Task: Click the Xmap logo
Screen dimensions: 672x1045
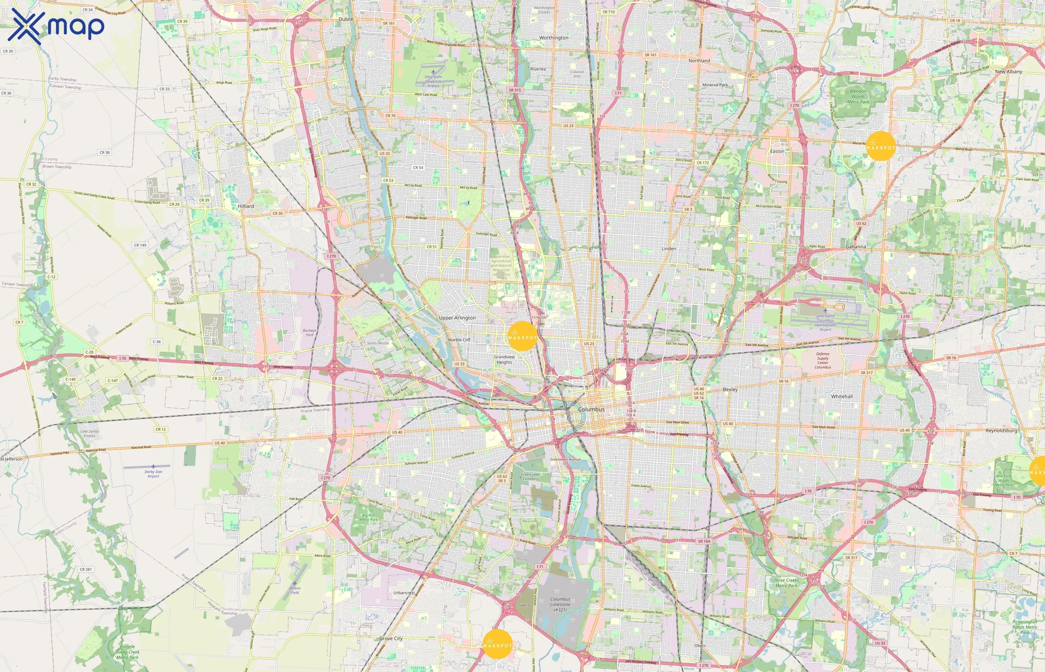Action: (x=56, y=26)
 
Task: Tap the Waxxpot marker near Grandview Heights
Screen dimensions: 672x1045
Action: (x=522, y=336)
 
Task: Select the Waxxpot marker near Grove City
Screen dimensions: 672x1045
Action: (x=497, y=644)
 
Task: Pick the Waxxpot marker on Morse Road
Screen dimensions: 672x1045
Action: (x=880, y=146)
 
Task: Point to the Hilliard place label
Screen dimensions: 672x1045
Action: (x=246, y=206)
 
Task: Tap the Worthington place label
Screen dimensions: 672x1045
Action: (x=553, y=38)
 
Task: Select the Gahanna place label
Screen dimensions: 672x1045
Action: (x=855, y=246)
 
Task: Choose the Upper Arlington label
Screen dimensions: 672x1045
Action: (x=457, y=318)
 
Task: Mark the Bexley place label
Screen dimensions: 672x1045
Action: (x=730, y=389)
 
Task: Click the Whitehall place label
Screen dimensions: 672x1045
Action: (x=842, y=396)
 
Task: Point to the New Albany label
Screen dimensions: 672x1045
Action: (x=1008, y=72)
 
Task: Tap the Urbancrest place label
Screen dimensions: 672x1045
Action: (x=404, y=592)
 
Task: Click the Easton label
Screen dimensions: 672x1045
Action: (x=777, y=152)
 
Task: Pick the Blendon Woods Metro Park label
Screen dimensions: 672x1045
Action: (x=858, y=96)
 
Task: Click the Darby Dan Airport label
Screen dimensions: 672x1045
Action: (x=153, y=473)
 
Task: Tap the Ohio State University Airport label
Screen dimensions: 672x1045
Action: (x=433, y=81)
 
